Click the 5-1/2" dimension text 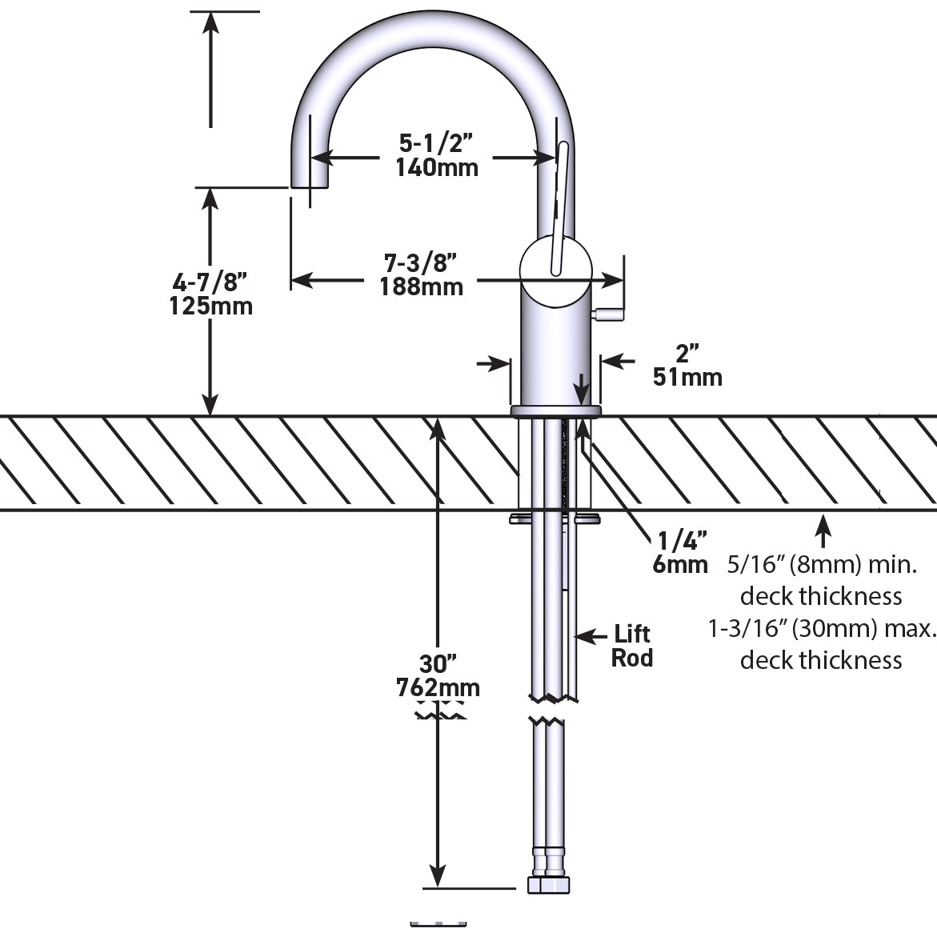tap(436, 143)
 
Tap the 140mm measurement tap(436, 167)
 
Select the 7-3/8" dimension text tap(420, 262)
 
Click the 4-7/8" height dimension tap(210, 282)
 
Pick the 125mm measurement tap(210, 306)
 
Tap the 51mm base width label tap(687, 376)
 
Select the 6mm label tap(680, 565)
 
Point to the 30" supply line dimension tap(438, 664)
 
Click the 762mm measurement tap(438, 687)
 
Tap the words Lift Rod tap(632, 647)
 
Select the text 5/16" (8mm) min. tap(821, 565)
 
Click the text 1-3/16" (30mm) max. tap(822, 628)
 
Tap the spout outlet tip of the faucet tap(310, 182)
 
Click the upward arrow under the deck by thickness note tap(822, 531)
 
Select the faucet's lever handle tap(559, 208)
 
